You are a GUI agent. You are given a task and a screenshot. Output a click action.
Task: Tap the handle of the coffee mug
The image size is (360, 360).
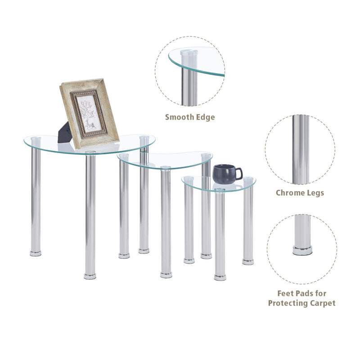coord(239,174)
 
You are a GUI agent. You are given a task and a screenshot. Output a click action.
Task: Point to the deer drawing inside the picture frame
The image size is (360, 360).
coord(90,125)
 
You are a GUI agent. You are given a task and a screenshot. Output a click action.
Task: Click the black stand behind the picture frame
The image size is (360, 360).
coord(64,133)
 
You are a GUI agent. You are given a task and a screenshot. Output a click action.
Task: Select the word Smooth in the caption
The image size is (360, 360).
coord(180,117)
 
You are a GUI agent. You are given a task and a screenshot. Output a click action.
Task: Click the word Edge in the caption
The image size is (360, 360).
coord(206,117)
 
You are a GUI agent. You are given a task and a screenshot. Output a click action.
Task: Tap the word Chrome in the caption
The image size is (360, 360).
coord(289,193)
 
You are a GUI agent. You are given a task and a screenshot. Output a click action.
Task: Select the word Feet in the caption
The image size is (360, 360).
coord(286,293)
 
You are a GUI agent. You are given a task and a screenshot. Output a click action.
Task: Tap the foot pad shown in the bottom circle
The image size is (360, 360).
coord(302,250)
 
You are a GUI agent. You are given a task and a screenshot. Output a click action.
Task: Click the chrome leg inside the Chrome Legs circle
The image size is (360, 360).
coord(301,149)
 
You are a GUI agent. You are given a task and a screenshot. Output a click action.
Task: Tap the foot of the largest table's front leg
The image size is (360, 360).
coord(90,276)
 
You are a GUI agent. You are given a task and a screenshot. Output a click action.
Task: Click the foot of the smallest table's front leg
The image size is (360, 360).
coord(220,277)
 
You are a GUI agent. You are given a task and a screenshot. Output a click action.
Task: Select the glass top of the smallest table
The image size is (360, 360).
coord(219,183)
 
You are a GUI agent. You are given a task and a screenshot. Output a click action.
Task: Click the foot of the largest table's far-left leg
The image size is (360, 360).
coord(36,253)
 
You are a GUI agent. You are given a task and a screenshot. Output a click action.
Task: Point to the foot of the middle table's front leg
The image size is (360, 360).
coord(166,275)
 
